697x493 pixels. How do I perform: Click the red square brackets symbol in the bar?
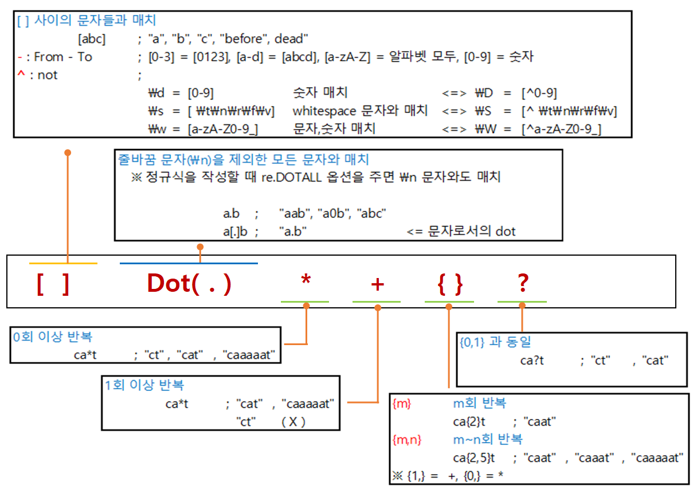coord(53,284)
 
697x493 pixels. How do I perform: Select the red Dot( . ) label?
coord(189,284)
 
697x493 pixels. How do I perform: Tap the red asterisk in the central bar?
coord(306,283)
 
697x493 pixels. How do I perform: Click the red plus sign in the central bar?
coord(377,283)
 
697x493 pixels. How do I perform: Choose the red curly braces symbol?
coord(449,284)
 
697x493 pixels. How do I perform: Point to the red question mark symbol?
coord(522,283)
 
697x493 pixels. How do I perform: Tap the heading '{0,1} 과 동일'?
coord(495,342)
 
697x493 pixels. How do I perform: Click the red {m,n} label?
coord(407,440)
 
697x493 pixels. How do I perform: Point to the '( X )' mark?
coord(293,422)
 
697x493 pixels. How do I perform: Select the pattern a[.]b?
coord(235,232)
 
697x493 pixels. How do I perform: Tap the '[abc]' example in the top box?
coord(92,39)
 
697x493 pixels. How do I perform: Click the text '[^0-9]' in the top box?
coord(539,93)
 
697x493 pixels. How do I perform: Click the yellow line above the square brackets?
coord(63,263)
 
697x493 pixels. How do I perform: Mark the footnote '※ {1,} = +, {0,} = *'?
coord(448,476)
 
